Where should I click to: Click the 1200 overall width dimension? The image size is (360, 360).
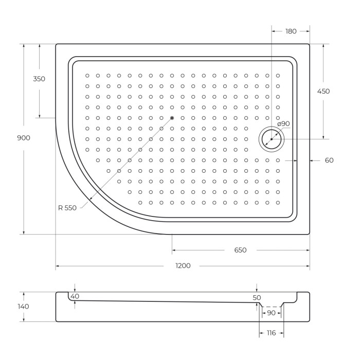(183, 266)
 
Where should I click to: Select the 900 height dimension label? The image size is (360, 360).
(24, 138)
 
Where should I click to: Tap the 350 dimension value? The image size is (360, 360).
(39, 79)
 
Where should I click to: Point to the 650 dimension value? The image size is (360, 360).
(240, 250)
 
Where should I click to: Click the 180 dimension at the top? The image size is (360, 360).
(291, 31)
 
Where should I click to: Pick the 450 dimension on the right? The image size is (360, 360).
(323, 92)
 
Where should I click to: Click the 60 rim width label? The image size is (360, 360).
(329, 160)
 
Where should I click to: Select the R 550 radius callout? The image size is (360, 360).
(67, 208)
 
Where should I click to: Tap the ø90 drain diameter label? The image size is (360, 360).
(283, 123)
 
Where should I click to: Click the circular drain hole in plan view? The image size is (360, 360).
(271, 139)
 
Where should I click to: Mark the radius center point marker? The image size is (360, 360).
(172, 118)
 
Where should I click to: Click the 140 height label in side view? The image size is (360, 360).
(24, 307)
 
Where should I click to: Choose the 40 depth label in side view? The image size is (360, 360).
(75, 297)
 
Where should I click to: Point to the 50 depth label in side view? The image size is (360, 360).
(257, 298)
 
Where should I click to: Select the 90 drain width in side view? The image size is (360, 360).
(271, 313)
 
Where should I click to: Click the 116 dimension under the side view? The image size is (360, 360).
(272, 333)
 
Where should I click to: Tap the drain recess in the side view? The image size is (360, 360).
(271, 307)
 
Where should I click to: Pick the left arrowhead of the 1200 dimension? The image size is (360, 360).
(58, 266)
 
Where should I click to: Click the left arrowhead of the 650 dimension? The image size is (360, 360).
(174, 250)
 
